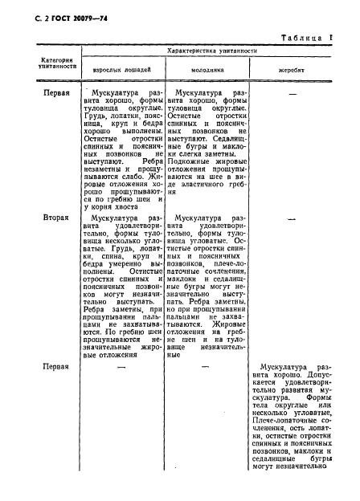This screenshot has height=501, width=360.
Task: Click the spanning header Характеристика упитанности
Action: (x=211, y=51)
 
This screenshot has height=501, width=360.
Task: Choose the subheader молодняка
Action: (x=207, y=71)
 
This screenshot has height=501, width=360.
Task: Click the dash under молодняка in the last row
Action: (x=207, y=365)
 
